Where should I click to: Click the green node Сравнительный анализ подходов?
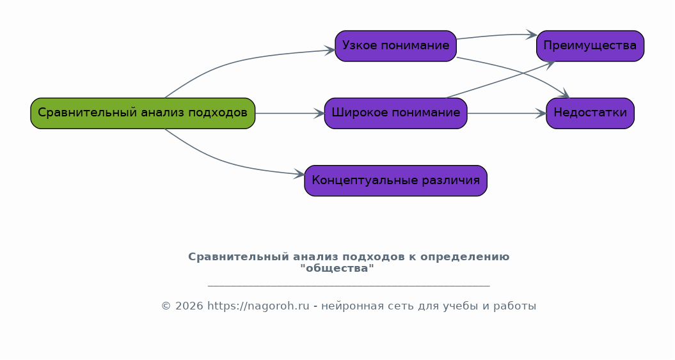click(x=143, y=113)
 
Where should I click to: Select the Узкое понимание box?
click(x=395, y=46)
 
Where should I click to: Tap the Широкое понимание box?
click(x=395, y=113)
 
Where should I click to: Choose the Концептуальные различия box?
click(x=395, y=181)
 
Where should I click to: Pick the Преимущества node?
click(x=590, y=46)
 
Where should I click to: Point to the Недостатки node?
click(x=590, y=113)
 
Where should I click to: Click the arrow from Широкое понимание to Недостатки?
click(x=507, y=114)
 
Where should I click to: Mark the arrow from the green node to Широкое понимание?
click(x=290, y=114)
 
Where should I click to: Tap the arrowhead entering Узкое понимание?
click(x=330, y=51)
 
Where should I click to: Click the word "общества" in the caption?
click(x=337, y=269)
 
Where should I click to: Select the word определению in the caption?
click(x=465, y=257)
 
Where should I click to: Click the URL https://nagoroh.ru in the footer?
click(x=258, y=306)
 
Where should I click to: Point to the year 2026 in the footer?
click(x=189, y=306)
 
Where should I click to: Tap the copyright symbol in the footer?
click(x=166, y=306)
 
